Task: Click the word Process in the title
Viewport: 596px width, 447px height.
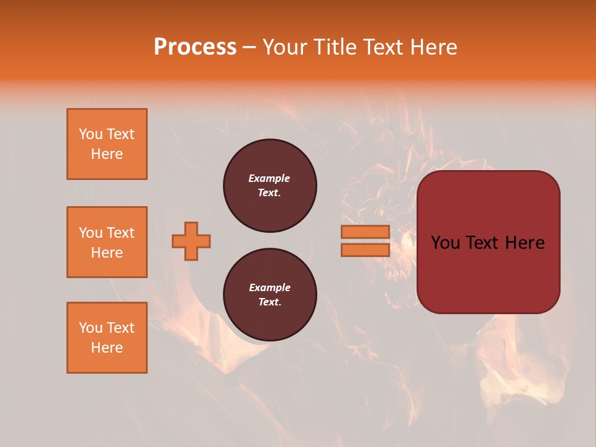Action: click(x=195, y=47)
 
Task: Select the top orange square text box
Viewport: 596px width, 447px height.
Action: click(x=107, y=144)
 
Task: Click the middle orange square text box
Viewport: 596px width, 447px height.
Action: click(x=107, y=242)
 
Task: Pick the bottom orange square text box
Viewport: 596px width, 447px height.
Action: click(x=107, y=338)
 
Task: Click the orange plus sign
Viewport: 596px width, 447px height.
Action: click(x=191, y=241)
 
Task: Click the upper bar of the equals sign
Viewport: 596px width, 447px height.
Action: click(x=366, y=232)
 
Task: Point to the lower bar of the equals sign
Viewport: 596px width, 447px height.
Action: click(x=366, y=250)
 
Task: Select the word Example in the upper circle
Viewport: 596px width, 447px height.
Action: click(x=269, y=178)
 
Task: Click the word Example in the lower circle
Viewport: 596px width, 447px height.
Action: click(x=269, y=287)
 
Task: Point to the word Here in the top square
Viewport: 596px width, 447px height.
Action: click(x=107, y=154)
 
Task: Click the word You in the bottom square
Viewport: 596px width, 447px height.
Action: click(x=91, y=328)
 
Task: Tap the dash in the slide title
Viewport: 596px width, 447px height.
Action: click(x=250, y=47)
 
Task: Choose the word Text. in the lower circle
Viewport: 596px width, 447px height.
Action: click(x=269, y=302)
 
